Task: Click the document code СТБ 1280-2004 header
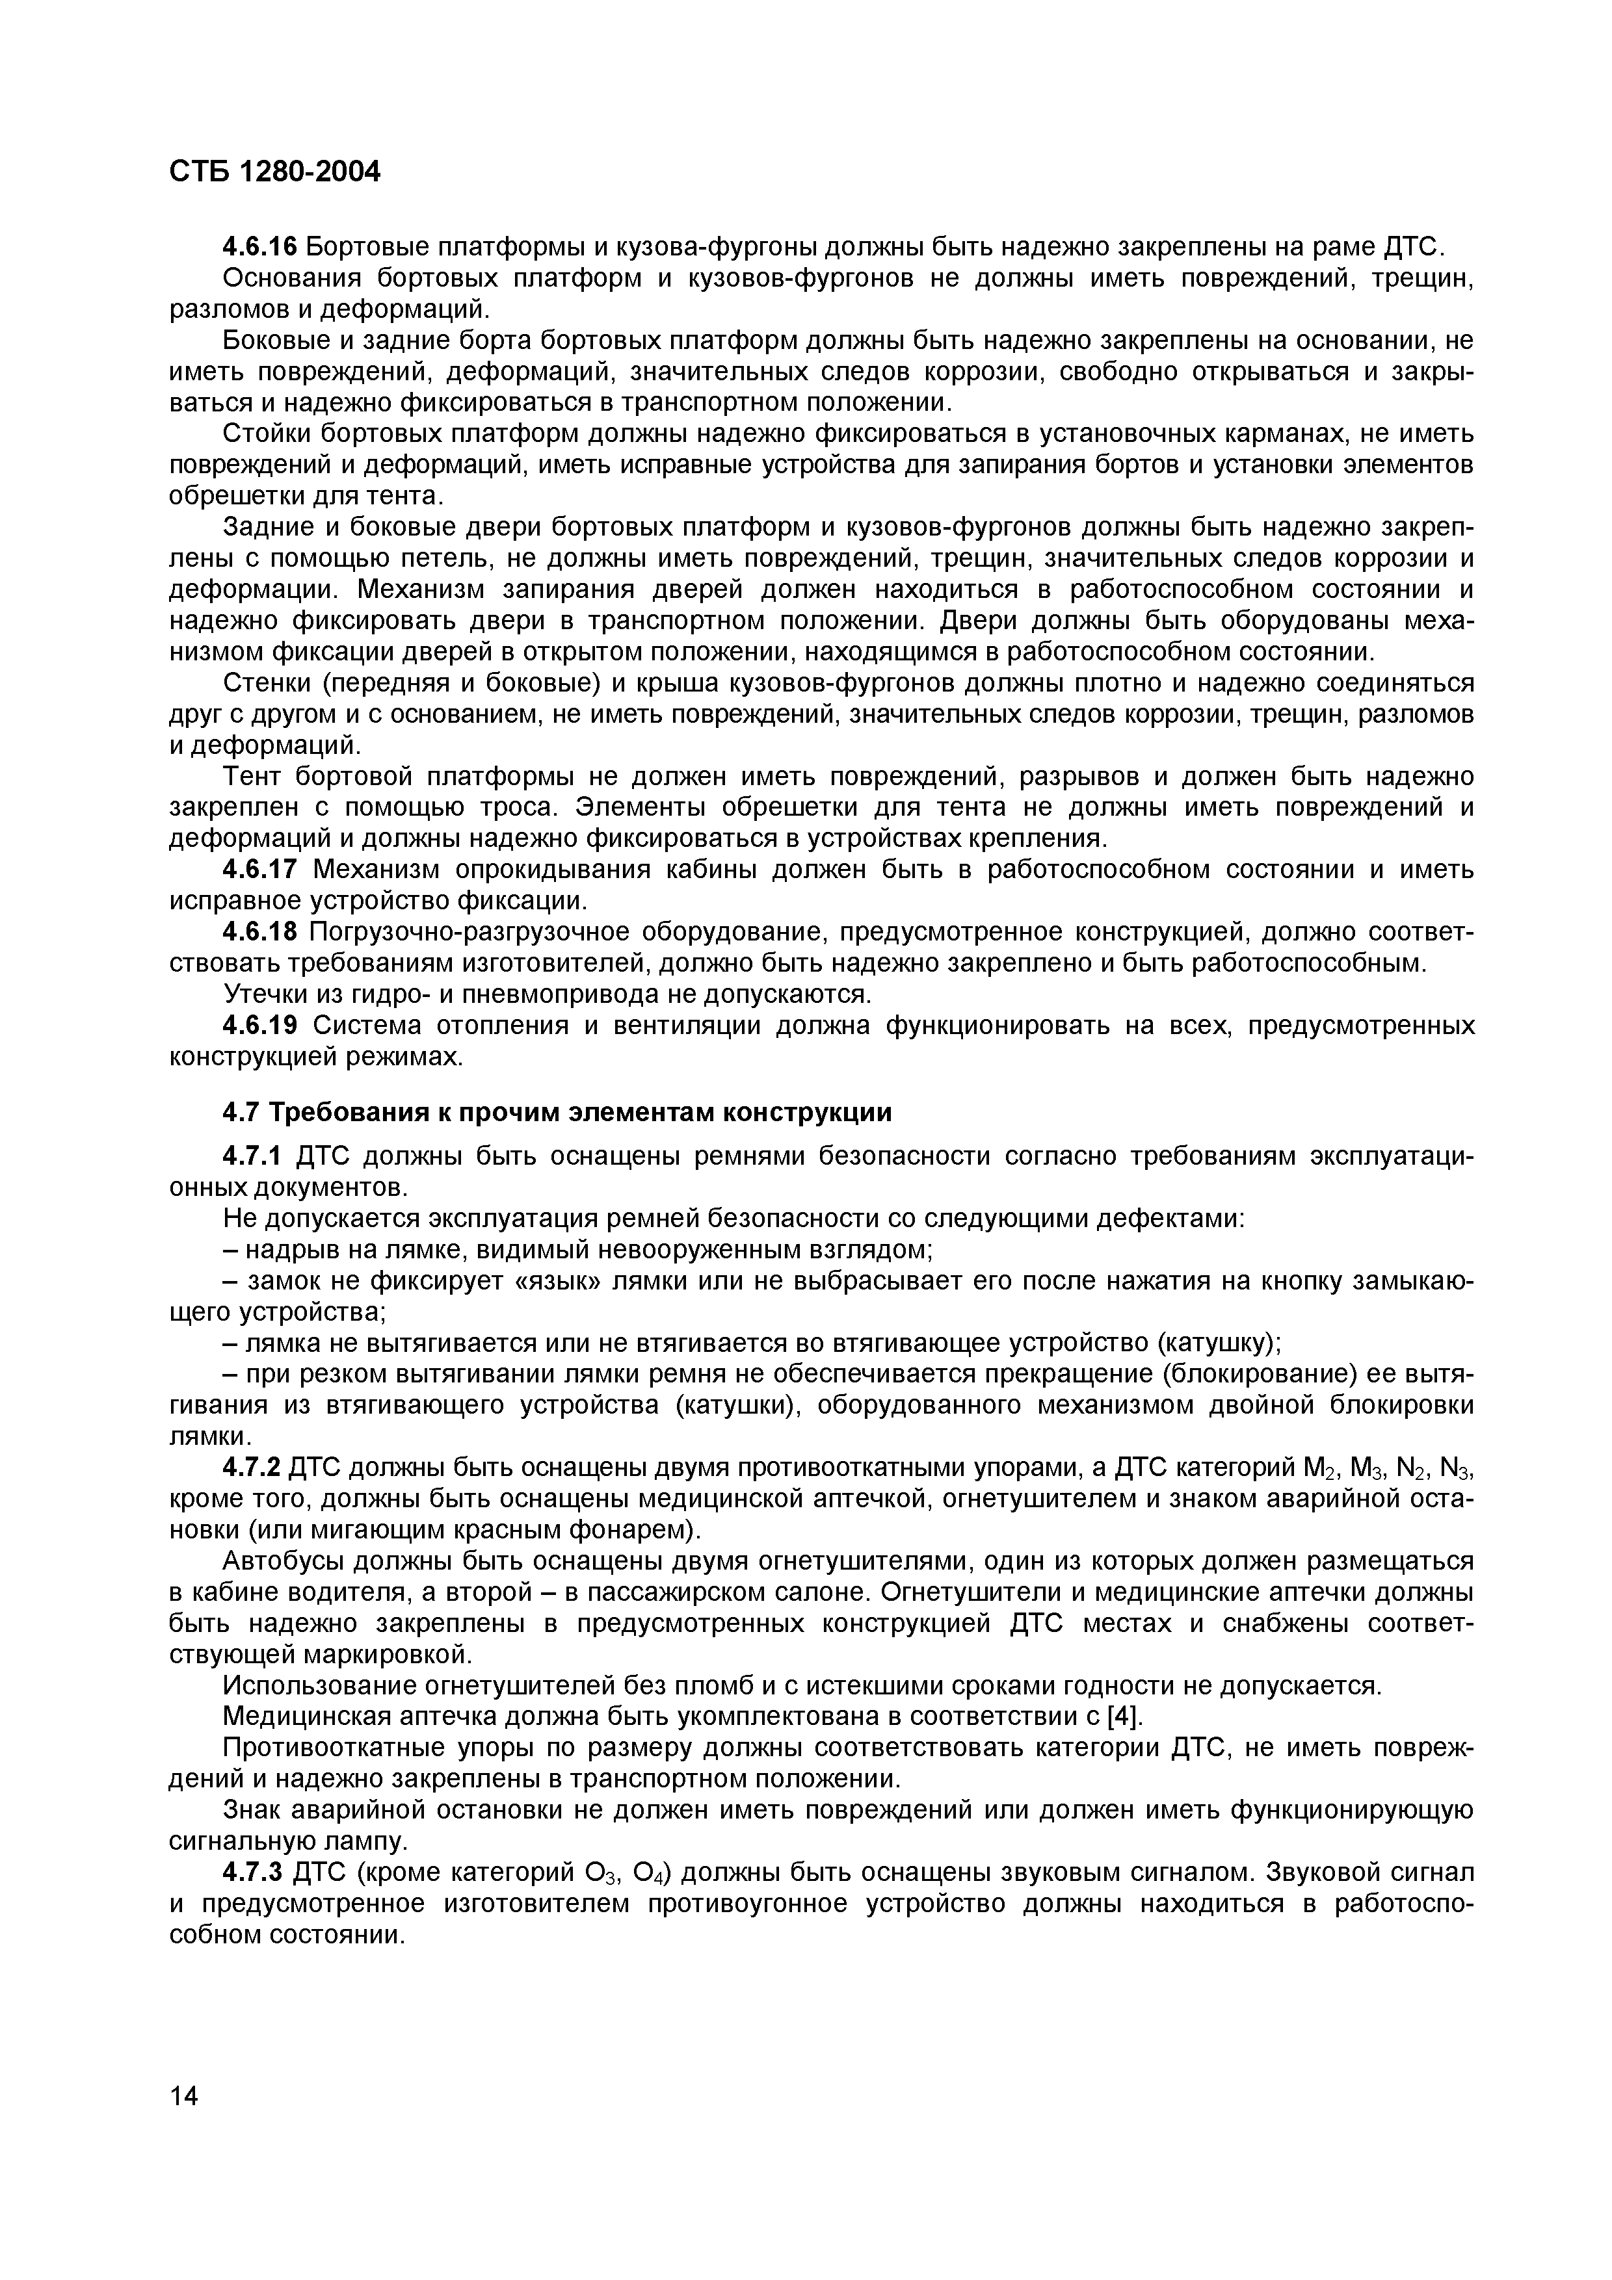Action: pos(274,172)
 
